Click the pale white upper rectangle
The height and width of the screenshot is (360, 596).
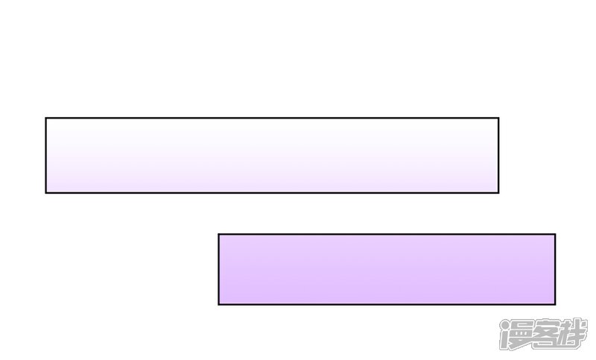pos(272,155)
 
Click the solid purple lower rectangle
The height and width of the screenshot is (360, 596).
pos(387,269)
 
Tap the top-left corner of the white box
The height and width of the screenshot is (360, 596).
pos(46,119)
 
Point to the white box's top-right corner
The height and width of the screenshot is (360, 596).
pos(498,119)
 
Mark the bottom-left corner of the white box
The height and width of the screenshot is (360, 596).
pos(46,192)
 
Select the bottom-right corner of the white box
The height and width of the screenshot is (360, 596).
pos(498,192)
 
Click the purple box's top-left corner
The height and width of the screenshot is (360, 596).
pos(219,235)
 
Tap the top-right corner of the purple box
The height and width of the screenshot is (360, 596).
pos(554,235)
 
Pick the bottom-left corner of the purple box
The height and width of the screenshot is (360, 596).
pos(219,303)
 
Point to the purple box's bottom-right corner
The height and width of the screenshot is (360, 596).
pos(554,303)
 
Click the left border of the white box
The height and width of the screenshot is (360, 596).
pos(46,155)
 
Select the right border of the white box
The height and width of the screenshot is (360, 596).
pos(498,155)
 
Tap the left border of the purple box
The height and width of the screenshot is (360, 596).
pos(219,269)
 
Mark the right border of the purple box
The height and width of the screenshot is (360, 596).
pos(554,269)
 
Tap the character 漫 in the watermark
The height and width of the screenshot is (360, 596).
pos(516,335)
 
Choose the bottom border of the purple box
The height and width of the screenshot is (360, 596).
pos(387,303)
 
